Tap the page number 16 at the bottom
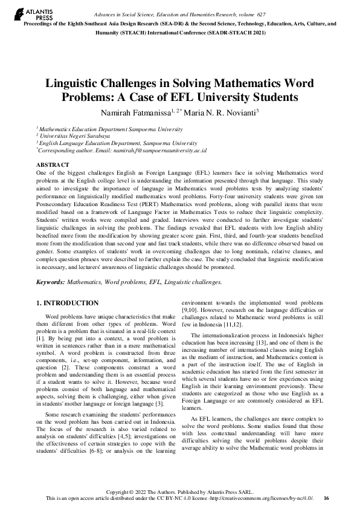coord(326,499)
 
